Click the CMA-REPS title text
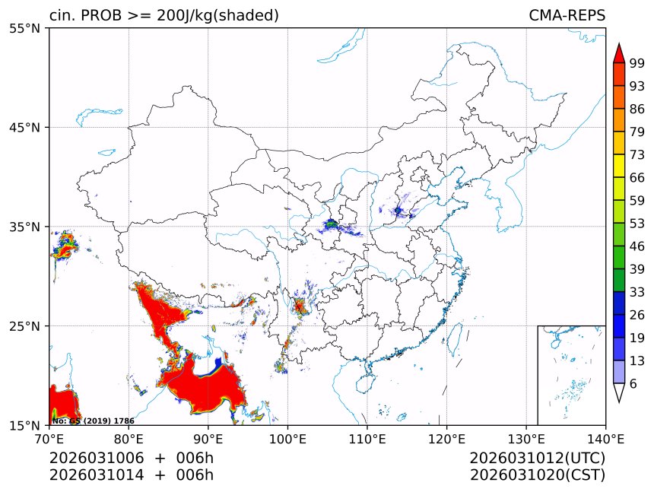[x=567, y=15]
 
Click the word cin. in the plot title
[x=62, y=15]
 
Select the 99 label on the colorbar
[x=637, y=63]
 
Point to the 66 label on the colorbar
[x=637, y=178]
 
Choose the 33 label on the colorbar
[x=637, y=292]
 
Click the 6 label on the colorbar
[x=633, y=384]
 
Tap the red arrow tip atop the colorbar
[x=619, y=52]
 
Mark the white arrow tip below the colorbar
[x=619, y=394]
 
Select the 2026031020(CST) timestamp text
[x=537, y=475]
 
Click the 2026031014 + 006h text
[x=131, y=475]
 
